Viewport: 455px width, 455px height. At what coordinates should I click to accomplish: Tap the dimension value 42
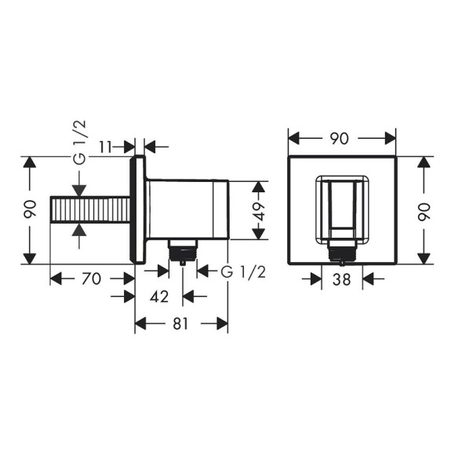click(x=158, y=297)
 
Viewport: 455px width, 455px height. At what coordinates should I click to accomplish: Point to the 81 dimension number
click(x=181, y=323)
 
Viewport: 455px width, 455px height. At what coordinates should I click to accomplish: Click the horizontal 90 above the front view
click(x=340, y=138)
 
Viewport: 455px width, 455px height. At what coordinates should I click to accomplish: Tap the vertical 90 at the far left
click(x=30, y=210)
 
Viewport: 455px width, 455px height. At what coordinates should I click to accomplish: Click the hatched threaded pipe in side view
click(x=89, y=211)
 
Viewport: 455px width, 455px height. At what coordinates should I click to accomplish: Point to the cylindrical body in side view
click(x=188, y=209)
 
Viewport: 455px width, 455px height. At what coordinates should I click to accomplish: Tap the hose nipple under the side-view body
click(x=183, y=250)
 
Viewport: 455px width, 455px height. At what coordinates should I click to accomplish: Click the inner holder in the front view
click(x=342, y=208)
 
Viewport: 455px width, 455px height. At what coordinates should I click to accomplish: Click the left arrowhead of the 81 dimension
click(x=142, y=323)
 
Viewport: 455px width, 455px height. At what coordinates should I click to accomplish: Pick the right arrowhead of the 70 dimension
click(x=129, y=277)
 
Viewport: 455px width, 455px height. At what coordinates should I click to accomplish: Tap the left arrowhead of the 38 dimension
click(x=317, y=277)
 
